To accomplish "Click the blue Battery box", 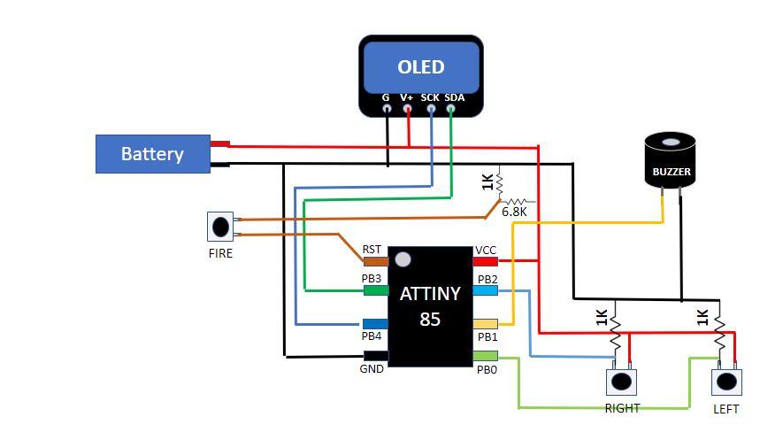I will click(152, 154).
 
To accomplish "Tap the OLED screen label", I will click(421, 67).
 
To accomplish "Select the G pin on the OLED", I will click(387, 109).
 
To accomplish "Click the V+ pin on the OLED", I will click(408, 109).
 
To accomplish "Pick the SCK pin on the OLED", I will click(431, 109).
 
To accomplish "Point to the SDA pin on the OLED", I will click(451, 109).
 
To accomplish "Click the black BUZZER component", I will click(671, 162).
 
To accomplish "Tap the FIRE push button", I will click(220, 227).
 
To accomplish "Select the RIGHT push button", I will click(621, 382).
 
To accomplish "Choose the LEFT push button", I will click(726, 382).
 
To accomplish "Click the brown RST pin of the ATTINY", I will click(375, 261).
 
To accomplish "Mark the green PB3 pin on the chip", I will click(375, 289).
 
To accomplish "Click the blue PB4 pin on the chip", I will click(375, 324).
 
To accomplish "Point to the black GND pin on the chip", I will click(375, 356).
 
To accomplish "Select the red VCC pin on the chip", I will click(486, 261).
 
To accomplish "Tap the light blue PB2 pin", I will click(486, 290).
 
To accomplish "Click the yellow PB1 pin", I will click(486, 324).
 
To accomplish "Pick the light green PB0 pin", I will click(486, 356).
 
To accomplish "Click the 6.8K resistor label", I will click(514, 212).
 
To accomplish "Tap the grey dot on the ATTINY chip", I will click(403, 259).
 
